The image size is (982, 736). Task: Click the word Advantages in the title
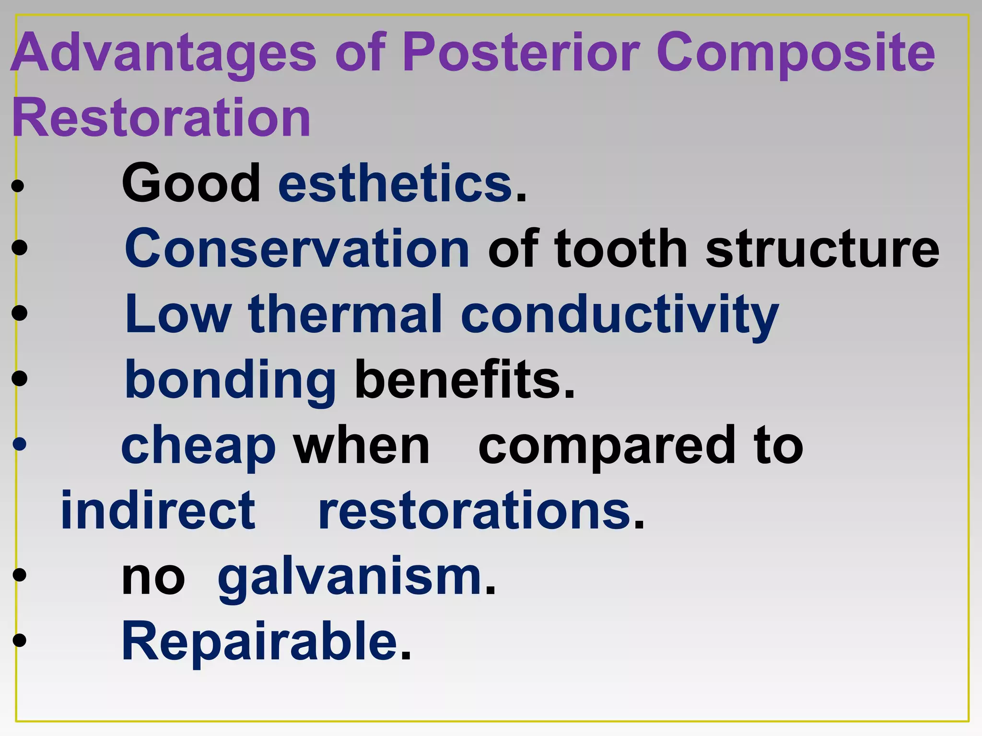click(163, 53)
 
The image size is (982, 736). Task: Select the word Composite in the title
click(795, 53)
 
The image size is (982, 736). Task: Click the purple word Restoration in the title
click(161, 117)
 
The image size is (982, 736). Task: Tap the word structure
click(822, 249)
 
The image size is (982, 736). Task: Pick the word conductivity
click(620, 315)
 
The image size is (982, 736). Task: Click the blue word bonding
click(230, 381)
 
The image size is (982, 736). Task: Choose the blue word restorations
click(475, 511)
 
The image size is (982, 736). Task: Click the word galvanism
click(350, 578)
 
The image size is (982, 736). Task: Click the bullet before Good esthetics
click(18, 186)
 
